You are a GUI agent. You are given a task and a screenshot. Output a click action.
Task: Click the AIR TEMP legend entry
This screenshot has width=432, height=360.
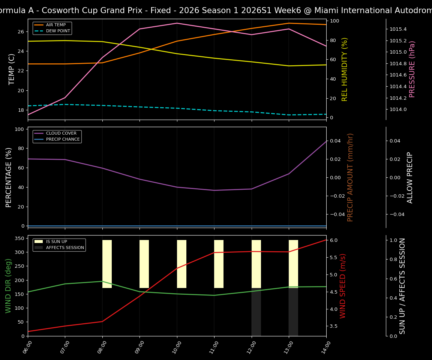click(x=56, y=25)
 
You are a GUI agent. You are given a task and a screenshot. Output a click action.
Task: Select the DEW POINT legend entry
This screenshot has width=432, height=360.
click(x=57, y=31)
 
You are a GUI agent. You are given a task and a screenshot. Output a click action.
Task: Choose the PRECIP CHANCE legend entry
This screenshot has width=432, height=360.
click(x=63, y=139)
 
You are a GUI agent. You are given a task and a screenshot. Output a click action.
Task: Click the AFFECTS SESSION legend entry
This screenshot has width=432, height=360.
click(x=64, y=247)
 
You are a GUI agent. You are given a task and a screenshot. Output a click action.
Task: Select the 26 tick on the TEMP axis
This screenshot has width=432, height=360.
click(x=21, y=31)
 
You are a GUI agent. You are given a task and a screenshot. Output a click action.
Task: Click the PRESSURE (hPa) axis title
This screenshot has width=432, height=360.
click(x=412, y=69)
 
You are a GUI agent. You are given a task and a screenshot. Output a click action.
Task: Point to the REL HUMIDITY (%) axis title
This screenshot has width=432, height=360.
click(x=345, y=69)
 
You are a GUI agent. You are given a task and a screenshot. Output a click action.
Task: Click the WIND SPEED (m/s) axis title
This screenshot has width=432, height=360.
click(x=343, y=286)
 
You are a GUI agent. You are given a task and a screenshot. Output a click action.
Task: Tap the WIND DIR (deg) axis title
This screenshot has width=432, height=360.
click(x=8, y=286)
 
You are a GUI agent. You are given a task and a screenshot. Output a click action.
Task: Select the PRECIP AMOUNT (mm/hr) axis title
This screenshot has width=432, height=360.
click(x=350, y=177)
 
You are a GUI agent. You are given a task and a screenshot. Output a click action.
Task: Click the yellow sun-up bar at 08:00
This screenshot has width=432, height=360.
click(x=107, y=264)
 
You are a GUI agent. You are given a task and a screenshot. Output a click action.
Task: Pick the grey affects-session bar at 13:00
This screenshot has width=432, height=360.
click(x=293, y=312)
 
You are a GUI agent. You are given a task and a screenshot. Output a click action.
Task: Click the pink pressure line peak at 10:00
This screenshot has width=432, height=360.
click(x=177, y=23)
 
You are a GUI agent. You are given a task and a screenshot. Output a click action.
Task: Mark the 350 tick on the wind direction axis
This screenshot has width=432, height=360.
click(x=19, y=238)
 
